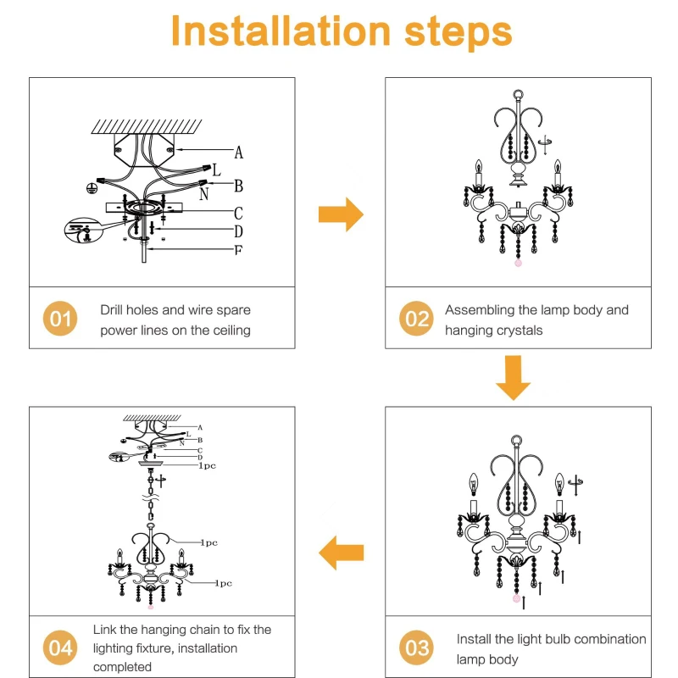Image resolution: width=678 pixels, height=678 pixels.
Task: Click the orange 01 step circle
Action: [60, 319]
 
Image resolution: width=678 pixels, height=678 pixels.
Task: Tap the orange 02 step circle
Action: [416, 319]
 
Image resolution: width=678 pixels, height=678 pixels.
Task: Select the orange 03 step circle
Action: [416, 648]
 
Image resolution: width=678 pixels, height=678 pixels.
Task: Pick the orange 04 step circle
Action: [60, 648]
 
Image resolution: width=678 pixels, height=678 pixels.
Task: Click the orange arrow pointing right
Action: [341, 214]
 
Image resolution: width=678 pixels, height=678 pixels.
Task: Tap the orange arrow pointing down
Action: [513, 377]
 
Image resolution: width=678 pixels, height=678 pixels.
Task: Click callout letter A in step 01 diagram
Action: [239, 153]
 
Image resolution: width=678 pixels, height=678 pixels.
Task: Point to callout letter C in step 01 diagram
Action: [239, 213]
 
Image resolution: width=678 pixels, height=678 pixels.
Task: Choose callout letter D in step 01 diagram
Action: [239, 231]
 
